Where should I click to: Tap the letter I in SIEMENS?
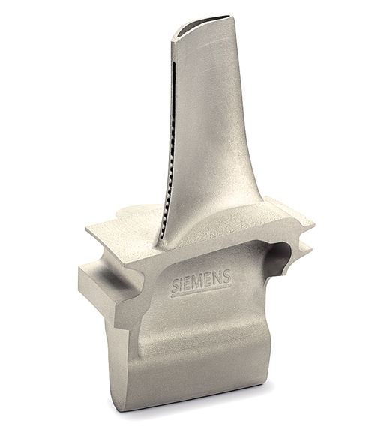point(183,285)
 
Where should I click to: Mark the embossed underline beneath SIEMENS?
point(202,291)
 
